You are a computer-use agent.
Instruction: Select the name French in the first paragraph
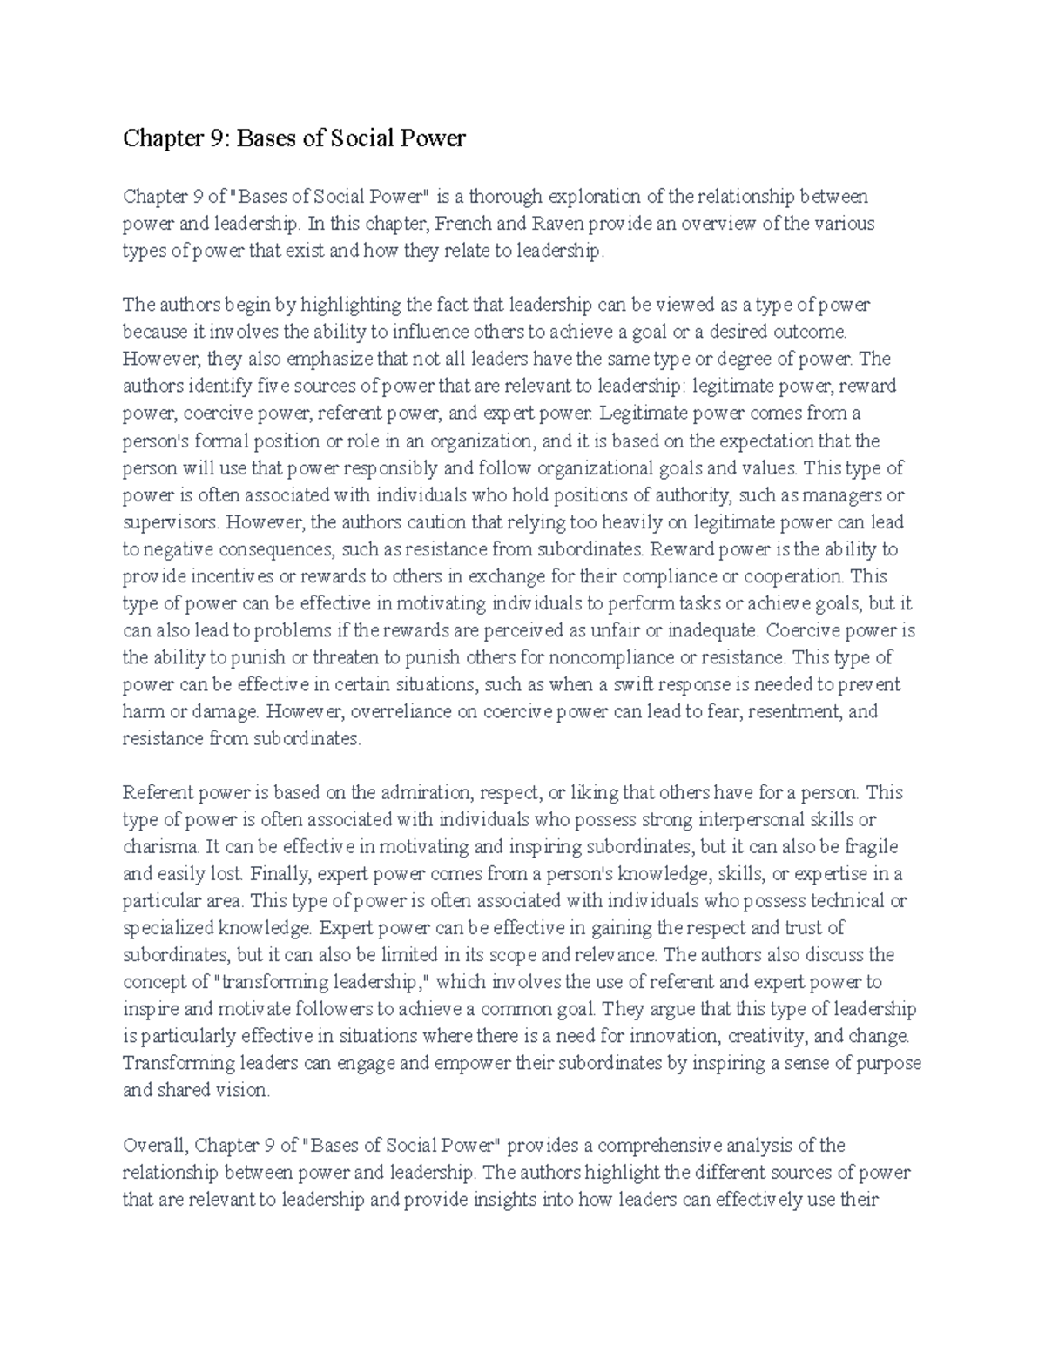click(463, 224)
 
